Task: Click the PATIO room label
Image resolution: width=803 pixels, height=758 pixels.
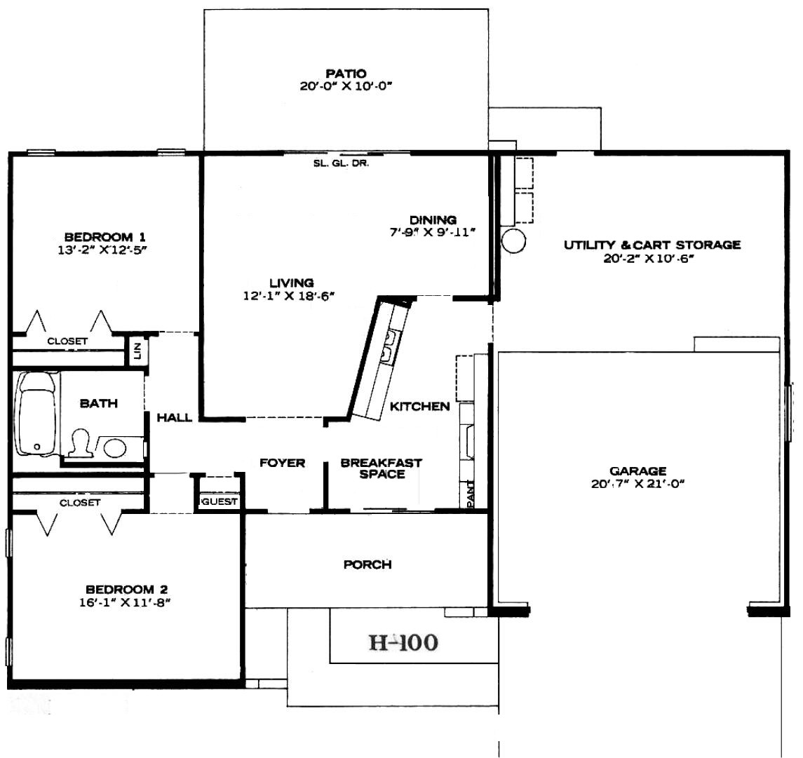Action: (346, 73)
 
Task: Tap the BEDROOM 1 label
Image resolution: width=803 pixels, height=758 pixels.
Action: (105, 236)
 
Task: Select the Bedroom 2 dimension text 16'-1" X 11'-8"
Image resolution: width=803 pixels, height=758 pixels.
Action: (124, 603)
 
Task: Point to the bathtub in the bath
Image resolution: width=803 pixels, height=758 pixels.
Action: (36, 413)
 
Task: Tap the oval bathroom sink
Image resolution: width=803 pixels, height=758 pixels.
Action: (115, 448)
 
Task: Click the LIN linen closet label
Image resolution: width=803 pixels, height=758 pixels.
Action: (137, 351)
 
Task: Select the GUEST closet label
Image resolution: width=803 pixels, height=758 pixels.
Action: (220, 501)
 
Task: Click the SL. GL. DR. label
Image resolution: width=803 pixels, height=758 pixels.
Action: (341, 163)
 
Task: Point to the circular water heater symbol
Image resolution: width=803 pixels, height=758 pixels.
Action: (513, 241)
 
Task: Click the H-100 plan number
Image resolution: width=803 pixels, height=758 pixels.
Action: (403, 642)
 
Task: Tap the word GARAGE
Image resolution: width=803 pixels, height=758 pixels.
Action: (638, 471)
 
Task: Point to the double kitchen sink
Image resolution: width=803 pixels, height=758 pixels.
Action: (389, 346)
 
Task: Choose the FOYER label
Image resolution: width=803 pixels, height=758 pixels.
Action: (282, 463)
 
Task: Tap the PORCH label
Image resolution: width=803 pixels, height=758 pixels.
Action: (367, 564)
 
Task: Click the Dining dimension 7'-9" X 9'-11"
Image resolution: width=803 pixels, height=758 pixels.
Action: (433, 232)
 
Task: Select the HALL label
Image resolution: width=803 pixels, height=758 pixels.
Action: (175, 417)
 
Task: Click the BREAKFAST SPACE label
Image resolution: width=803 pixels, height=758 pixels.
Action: (382, 468)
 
